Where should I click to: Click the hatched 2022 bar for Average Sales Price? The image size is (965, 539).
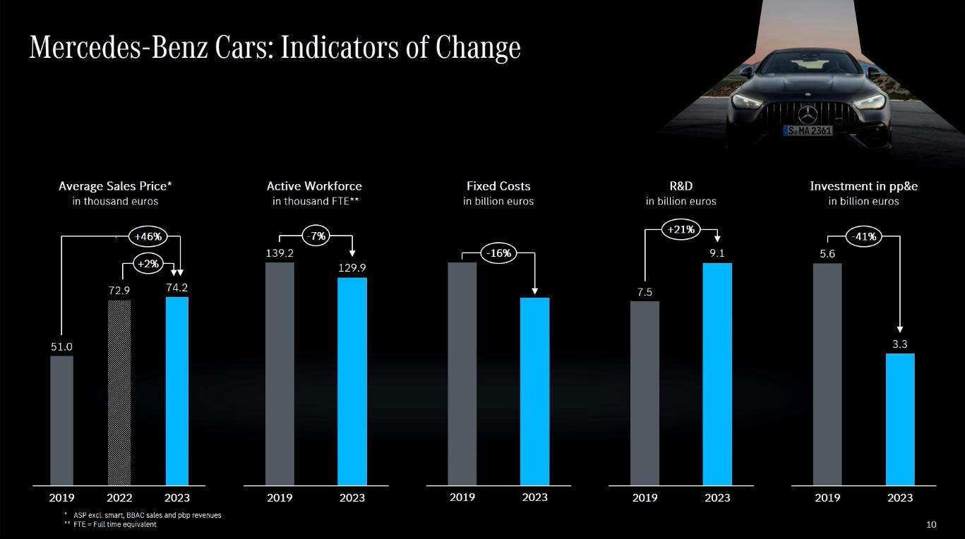(119, 392)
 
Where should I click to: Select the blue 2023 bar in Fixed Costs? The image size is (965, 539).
(534, 391)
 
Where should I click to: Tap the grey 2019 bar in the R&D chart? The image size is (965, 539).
(645, 393)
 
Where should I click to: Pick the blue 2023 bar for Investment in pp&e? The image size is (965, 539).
(899, 419)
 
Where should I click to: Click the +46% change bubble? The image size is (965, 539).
(148, 236)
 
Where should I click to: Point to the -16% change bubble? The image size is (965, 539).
(500, 253)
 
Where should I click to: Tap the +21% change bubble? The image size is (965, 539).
(681, 229)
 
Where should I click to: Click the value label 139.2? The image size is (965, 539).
(280, 252)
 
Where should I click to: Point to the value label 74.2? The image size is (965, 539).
(176, 287)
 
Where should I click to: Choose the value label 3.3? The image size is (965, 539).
(899, 344)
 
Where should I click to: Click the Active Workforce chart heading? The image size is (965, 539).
(314, 186)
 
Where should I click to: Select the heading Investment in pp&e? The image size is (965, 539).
(863, 186)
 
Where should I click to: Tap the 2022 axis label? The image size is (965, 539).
(119, 497)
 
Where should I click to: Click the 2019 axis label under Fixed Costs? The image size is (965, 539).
(462, 497)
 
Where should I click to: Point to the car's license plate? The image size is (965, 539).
(808, 131)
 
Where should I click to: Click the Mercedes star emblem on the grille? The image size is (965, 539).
(808, 113)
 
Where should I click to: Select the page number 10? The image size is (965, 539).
(931, 524)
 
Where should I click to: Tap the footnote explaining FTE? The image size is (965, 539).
(110, 524)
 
